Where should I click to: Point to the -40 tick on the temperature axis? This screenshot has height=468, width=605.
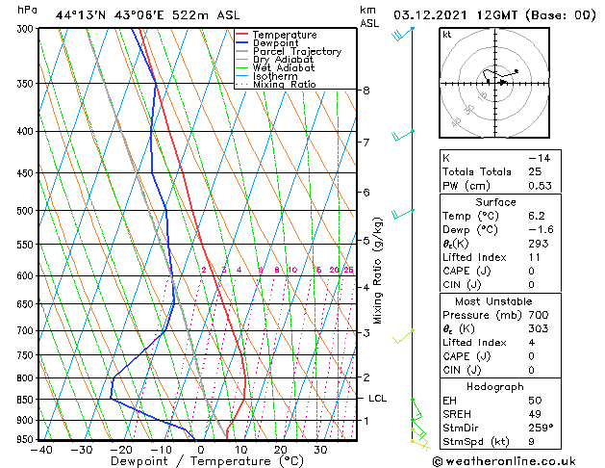[x=41, y=449]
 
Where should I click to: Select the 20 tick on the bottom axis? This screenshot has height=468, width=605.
[x=280, y=449]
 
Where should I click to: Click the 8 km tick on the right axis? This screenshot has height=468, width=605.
[x=366, y=91]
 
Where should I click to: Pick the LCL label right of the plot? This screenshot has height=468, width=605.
[x=377, y=398]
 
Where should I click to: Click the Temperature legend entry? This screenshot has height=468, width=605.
[x=284, y=36]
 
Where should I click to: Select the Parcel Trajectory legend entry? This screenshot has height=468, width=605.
[x=296, y=52]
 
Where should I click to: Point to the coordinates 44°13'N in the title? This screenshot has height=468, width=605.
[x=83, y=14]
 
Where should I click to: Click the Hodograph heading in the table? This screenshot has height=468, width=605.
[x=496, y=386]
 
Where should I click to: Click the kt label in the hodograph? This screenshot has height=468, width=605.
[x=446, y=35]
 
